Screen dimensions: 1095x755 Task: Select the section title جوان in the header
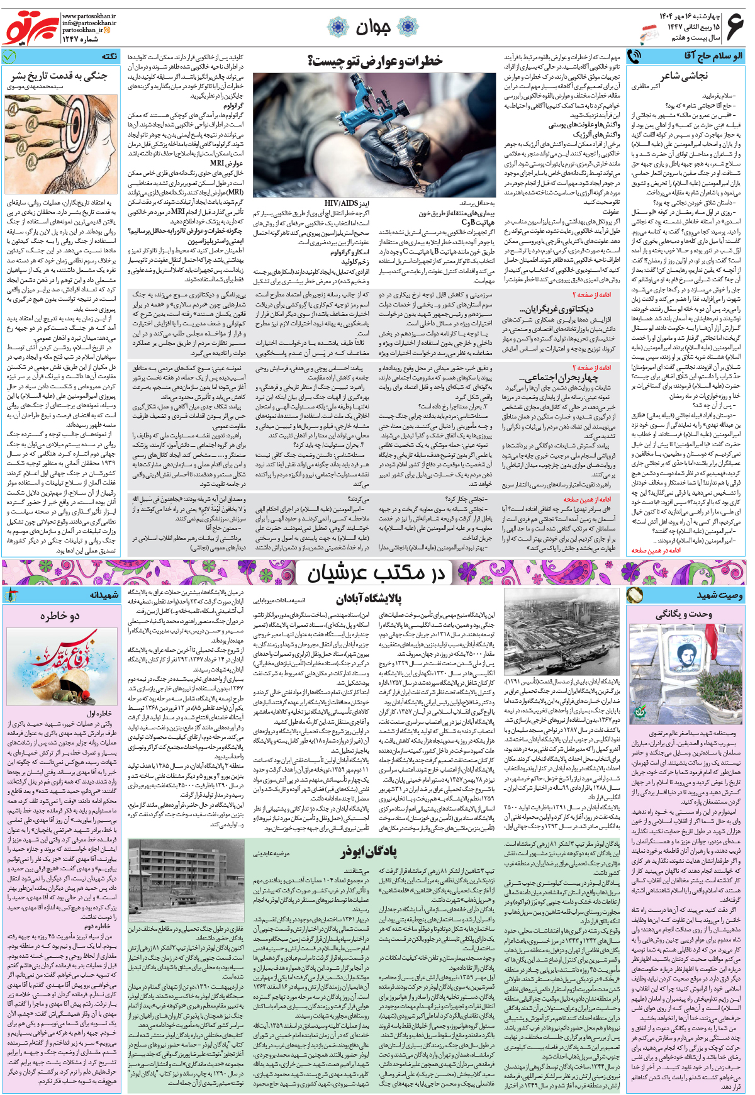tap(373, 27)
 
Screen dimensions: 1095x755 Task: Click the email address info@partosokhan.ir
tap(89, 23)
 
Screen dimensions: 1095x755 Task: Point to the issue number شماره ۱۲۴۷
tap(81, 39)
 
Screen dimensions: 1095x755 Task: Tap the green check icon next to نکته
tap(9, 56)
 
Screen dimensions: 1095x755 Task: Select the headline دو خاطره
tap(60, 615)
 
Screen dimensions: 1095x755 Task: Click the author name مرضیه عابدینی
tap(271, 853)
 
